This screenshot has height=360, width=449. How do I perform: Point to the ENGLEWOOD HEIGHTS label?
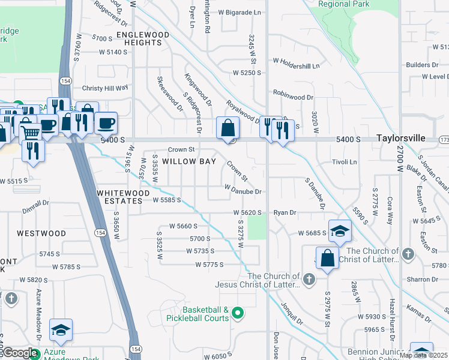pyautogui.click(x=143, y=39)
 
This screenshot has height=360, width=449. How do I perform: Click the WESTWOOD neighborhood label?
pyautogui.click(x=41, y=233)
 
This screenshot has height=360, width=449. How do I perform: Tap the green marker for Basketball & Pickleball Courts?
pyautogui.click(x=238, y=313)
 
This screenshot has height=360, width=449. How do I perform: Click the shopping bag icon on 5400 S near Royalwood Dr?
pyautogui.click(x=229, y=128)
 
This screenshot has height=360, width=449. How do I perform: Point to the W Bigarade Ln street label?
pyautogui.click(x=240, y=12)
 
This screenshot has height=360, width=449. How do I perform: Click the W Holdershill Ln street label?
pyautogui.click(x=297, y=60)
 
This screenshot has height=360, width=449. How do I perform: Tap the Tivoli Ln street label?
pyautogui.click(x=345, y=162)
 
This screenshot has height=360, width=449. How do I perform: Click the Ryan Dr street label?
pyautogui.click(x=285, y=212)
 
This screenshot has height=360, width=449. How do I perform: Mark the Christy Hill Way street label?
pyautogui.click(x=105, y=88)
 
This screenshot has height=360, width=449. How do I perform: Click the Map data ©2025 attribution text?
pyautogui.click(x=423, y=355)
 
